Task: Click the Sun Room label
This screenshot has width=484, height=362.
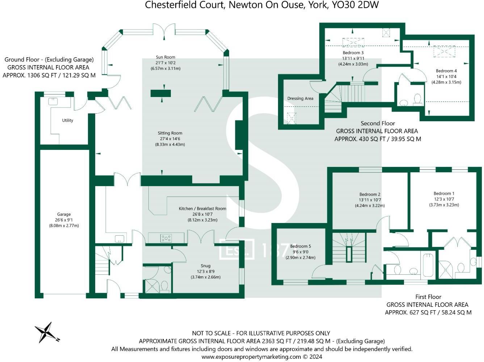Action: [x=165, y=57]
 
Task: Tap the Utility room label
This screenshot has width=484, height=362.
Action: [x=67, y=121]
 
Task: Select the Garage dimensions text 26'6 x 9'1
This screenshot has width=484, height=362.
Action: [x=64, y=220]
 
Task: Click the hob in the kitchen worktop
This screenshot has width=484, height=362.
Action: [x=166, y=238]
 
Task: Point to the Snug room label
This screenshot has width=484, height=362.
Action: [x=206, y=266]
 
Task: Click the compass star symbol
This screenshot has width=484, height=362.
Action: [x=47, y=332]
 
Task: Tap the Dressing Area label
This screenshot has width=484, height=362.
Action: [x=300, y=98]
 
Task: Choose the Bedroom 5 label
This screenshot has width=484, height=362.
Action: [x=300, y=246]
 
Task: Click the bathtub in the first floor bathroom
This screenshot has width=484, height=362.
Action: [x=428, y=265]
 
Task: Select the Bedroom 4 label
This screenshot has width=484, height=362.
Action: [x=446, y=71]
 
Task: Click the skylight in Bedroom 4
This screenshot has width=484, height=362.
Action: [x=444, y=51]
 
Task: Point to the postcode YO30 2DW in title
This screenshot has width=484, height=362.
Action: [x=355, y=5]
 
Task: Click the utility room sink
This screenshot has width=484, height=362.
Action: [x=53, y=101]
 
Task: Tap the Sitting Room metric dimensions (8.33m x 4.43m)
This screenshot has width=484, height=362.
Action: [x=170, y=144]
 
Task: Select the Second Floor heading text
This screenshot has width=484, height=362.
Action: [x=378, y=123]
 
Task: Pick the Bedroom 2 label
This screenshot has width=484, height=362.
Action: [x=370, y=194]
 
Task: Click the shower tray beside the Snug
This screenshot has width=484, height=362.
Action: [x=151, y=286]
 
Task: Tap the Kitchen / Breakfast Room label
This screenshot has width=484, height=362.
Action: [x=202, y=209]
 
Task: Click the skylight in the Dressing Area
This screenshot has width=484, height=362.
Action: [x=291, y=118]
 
